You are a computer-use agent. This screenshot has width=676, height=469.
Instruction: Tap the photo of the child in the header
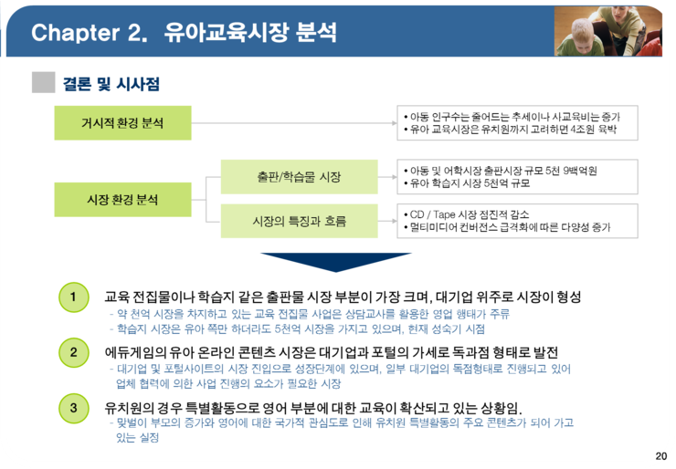(x=607, y=31)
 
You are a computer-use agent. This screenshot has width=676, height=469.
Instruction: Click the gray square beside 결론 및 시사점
(x=44, y=82)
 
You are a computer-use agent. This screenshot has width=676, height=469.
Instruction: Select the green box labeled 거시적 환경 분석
(x=123, y=123)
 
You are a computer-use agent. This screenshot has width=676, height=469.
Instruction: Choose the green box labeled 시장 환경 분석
(x=123, y=200)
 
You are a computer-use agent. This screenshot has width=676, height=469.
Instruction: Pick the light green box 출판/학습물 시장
(x=300, y=177)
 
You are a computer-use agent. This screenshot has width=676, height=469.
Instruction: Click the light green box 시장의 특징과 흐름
(x=300, y=221)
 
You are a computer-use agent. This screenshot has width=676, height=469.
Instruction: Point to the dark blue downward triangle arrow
(x=336, y=262)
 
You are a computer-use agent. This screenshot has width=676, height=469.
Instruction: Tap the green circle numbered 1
(x=74, y=297)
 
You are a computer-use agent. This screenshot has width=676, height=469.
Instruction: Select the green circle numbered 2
(x=74, y=352)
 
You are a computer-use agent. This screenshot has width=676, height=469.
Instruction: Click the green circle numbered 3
(x=74, y=408)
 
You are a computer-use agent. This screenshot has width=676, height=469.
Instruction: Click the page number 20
(x=660, y=456)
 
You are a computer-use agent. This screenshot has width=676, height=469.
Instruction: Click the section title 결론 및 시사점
(x=111, y=84)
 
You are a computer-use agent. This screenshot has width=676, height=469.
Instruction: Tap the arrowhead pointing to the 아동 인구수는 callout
(x=394, y=123)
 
